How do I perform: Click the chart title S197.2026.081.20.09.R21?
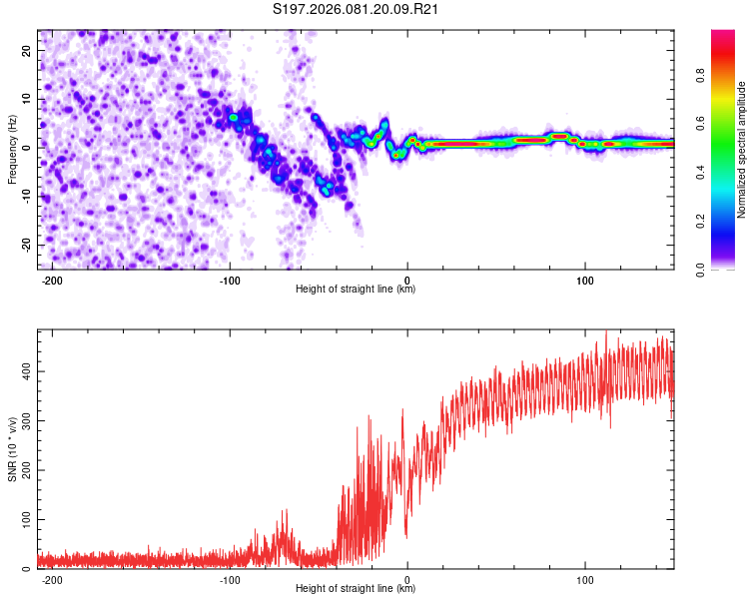click(x=357, y=10)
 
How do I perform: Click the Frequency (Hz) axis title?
click(x=12, y=149)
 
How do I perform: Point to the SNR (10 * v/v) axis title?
click(x=12, y=448)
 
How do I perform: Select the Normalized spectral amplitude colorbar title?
click(x=742, y=149)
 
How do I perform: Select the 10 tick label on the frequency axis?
click(x=27, y=98)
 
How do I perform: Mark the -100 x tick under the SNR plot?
click(x=230, y=579)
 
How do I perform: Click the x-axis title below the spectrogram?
click(x=356, y=290)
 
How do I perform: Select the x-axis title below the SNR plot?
click(x=356, y=589)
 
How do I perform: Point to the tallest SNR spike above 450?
click(x=606, y=333)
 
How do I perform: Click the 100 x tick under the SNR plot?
click(x=584, y=579)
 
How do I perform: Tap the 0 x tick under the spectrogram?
click(x=407, y=280)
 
